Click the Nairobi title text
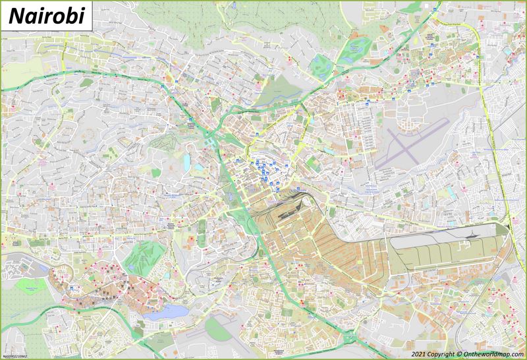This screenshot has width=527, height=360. click(x=45, y=16)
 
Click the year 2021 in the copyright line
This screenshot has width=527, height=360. click(x=418, y=353)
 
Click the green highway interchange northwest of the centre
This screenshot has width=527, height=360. click(x=211, y=138)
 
